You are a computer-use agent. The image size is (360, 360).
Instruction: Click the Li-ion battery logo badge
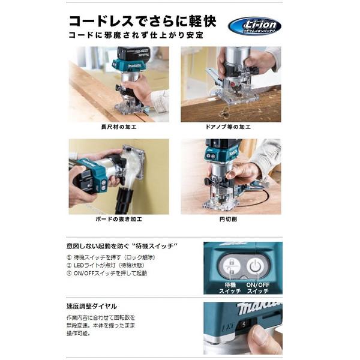click(x=254, y=25)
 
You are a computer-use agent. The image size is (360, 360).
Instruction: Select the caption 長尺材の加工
click(x=119, y=128)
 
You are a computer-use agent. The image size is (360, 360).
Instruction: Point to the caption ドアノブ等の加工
click(x=231, y=128)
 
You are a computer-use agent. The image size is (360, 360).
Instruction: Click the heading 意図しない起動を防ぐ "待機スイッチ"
click(x=122, y=246)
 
